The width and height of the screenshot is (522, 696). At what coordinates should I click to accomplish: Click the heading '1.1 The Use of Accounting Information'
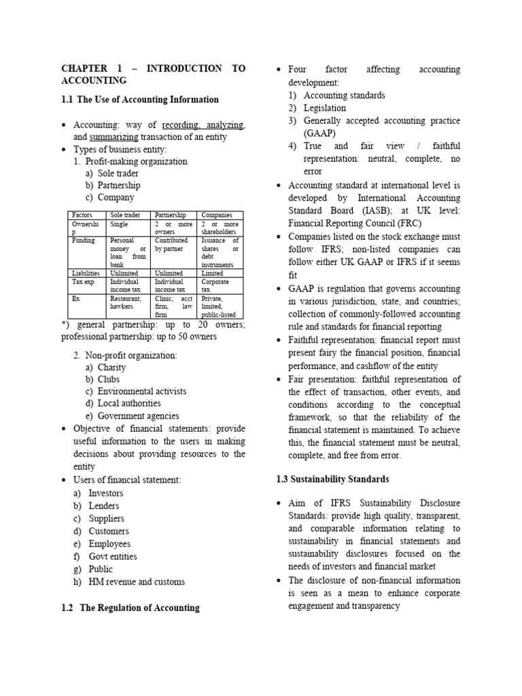140,100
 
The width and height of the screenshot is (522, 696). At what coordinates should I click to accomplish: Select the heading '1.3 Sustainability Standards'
332,479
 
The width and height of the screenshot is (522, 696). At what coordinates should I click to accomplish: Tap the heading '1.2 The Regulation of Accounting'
130,608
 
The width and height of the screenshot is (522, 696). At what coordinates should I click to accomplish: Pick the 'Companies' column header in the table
217,215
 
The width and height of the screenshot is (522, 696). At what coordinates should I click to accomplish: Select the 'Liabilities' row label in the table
86,273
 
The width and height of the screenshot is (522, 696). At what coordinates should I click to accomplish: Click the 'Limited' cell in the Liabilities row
212,273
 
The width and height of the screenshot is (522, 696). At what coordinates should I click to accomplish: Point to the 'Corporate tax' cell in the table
215,285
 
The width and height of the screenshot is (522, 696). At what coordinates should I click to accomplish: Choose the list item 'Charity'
112,367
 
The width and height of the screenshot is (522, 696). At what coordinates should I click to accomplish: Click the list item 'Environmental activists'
141,391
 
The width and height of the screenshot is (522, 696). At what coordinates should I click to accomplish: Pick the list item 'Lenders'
104,506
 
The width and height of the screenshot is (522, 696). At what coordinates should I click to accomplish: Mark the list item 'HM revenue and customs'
137,582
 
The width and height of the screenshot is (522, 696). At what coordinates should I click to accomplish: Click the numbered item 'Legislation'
324,108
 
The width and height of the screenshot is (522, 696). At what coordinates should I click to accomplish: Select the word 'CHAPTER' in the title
85,69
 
